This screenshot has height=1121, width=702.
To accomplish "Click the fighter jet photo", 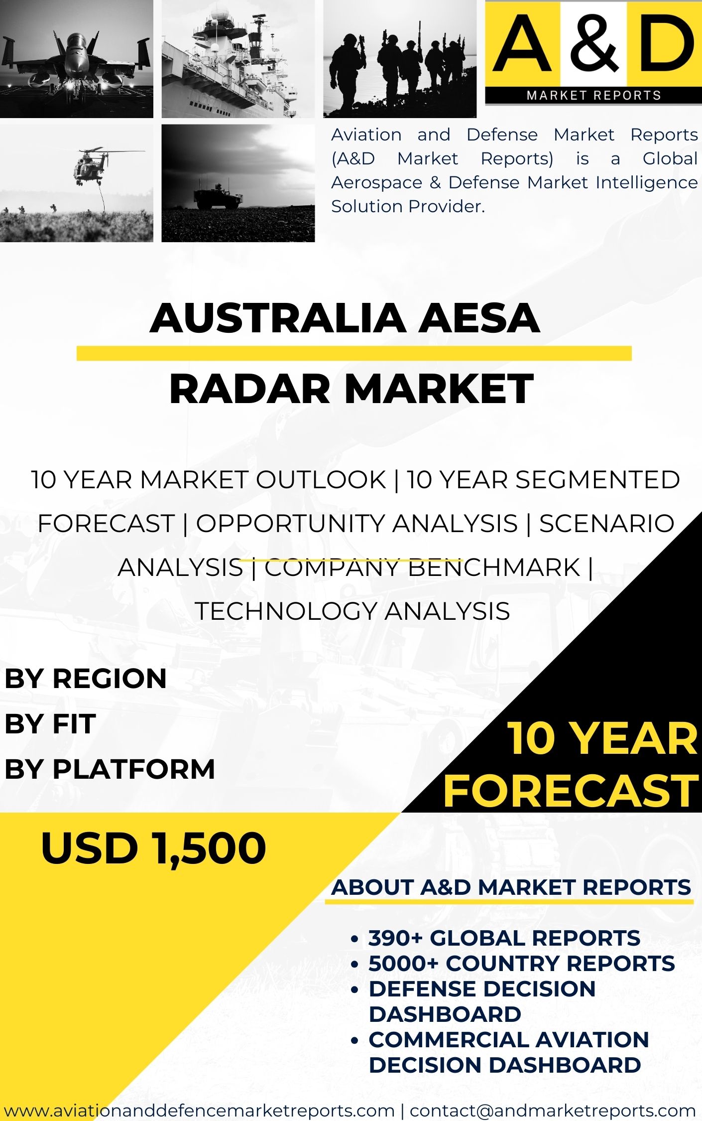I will [x=76, y=59].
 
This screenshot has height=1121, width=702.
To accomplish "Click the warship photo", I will [x=238, y=59].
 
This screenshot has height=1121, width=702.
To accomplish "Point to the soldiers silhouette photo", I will [x=400, y=59].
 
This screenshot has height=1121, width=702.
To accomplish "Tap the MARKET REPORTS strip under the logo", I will [x=593, y=95].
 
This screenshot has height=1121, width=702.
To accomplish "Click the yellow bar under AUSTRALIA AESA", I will [x=353, y=353].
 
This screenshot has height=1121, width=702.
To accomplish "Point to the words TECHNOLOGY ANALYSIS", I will [x=352, y=611].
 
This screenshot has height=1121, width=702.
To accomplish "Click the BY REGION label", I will [x=86, y=679].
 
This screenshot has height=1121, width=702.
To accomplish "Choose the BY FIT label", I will [x=50, y=723].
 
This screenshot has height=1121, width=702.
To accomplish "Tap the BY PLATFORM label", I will [x=110, y=769].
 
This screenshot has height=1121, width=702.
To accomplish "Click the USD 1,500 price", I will [x=153, y=848].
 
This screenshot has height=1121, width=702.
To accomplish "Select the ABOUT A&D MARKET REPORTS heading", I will [x=511, y=887].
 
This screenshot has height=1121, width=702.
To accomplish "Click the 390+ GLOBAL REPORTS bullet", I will [x=504, y=938].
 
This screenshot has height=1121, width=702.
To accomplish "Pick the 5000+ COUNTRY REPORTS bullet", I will [x=521, y=964].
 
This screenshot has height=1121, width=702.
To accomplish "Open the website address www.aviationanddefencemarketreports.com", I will [x=199, y=1111].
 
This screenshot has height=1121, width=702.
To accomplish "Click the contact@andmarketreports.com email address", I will [x=553, y=1111].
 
